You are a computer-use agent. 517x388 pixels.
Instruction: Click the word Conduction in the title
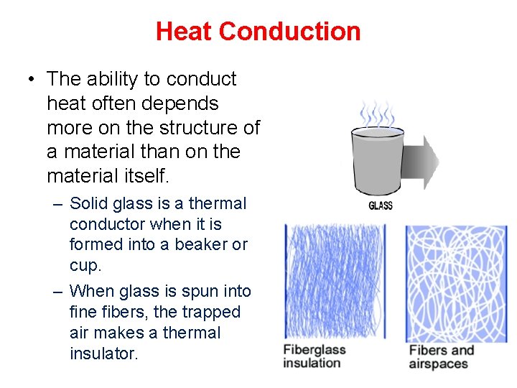[289, 32]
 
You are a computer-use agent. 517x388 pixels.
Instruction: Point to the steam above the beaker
[376, 113]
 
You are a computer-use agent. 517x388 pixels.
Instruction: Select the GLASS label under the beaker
[380, 206]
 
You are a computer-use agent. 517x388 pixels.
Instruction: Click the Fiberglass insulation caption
[314, 356]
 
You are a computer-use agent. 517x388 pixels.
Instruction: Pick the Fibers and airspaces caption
[442, 357]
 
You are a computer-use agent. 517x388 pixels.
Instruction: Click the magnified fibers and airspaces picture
[456, 283]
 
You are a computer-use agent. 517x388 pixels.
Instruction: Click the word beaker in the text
[204, 244]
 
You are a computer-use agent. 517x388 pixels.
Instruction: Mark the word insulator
[103, 353]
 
